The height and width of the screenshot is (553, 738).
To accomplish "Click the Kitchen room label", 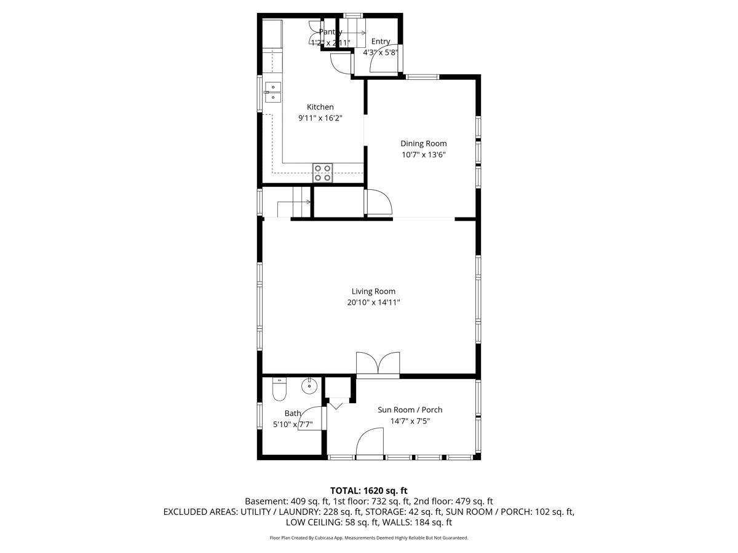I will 320,107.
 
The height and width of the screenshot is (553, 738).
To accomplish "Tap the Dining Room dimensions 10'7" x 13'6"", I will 423,155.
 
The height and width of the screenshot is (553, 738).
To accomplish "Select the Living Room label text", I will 373,291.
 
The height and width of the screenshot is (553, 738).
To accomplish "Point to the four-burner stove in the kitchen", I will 322,173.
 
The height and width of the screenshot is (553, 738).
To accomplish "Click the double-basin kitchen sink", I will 272,92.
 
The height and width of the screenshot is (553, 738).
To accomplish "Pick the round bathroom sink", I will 309,386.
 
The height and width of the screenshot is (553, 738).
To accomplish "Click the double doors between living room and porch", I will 378,364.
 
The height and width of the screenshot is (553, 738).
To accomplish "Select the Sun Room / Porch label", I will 410,410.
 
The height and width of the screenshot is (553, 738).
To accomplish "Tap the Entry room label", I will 380,41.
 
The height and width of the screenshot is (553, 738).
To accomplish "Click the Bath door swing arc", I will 312,420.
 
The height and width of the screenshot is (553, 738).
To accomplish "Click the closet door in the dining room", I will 378,202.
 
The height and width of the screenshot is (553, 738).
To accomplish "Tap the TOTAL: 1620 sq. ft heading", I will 369,490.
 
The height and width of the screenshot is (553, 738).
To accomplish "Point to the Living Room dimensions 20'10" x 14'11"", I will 373,302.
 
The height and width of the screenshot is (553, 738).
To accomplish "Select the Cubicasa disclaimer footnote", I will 369,538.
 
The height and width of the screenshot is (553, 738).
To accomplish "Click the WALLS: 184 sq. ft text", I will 417,522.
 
